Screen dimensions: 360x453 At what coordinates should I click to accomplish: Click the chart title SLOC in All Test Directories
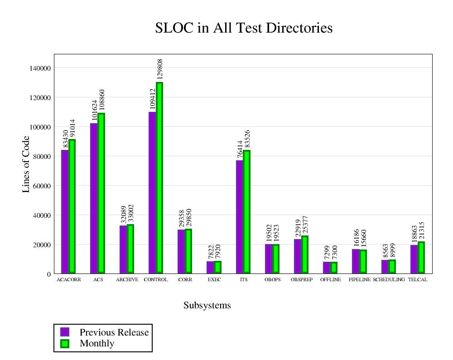click(244, 28)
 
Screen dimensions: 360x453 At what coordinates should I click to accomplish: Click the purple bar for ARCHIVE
click(123, 249)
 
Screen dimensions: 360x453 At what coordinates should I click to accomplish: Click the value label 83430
click(65, 139)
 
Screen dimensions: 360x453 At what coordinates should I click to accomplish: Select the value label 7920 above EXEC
click(217, 252)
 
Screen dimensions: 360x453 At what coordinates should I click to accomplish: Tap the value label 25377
click(305, 225)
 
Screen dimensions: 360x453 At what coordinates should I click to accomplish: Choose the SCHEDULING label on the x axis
click(389, 280)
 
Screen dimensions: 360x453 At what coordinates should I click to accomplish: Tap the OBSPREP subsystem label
click(302, 280)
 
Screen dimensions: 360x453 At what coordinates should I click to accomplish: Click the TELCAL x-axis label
click(418, 280)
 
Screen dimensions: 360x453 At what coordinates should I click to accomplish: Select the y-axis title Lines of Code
click(26, 163)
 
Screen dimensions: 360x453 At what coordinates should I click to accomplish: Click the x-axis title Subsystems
click(207, 306)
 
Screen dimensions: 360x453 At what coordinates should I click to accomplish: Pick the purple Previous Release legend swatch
click(65, 332)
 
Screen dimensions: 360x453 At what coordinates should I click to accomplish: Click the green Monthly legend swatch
click(65, 343)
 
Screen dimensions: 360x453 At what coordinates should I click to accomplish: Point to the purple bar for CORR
click(181, 251)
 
